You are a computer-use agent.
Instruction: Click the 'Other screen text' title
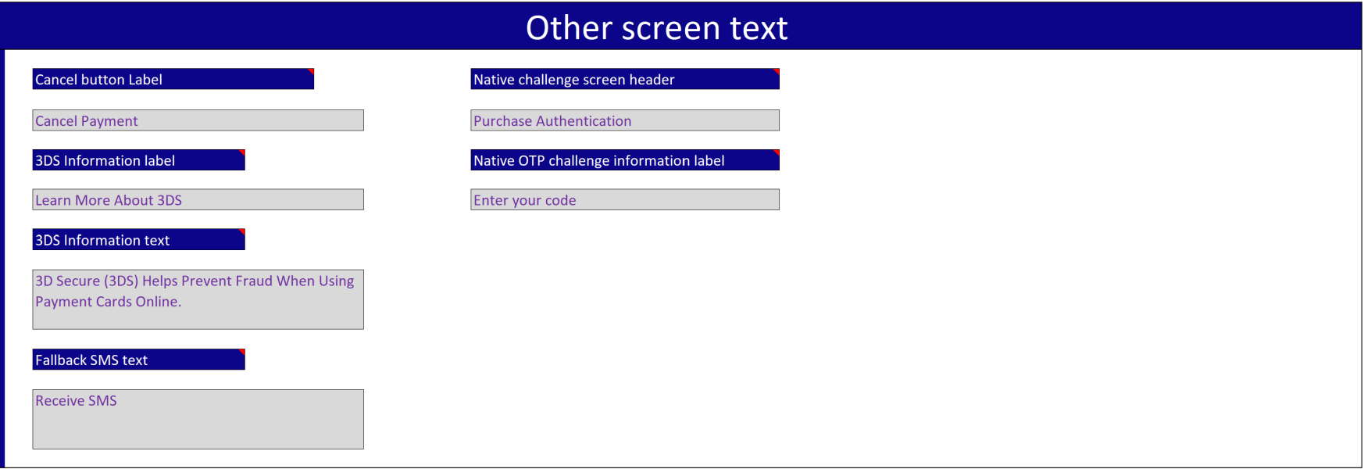coord(656,28)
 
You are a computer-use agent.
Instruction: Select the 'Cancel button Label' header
coord(173,79)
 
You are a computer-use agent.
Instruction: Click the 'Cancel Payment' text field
coord(198,120)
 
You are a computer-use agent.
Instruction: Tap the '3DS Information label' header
coord(138,160)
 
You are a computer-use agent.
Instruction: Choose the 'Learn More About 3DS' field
coord(198,199)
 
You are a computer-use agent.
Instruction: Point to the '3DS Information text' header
coord(138,239)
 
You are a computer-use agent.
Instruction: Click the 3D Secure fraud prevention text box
coord(198,299)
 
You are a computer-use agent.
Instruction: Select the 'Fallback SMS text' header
coord(138,360)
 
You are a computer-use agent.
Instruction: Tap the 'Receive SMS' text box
coord(198,419)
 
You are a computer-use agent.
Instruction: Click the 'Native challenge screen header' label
coord(625,79)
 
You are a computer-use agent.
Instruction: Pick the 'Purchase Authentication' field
coord(625,120)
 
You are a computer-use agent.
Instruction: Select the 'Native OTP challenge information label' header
coord(625,160)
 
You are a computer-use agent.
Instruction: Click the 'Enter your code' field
coord(625,199)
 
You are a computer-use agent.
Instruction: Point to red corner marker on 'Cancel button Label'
coord(312,71)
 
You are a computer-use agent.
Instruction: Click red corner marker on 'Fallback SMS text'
coord(243,351)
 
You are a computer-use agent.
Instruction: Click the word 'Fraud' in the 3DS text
coord(254,281)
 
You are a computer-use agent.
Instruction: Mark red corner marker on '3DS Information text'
coord(243,231)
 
